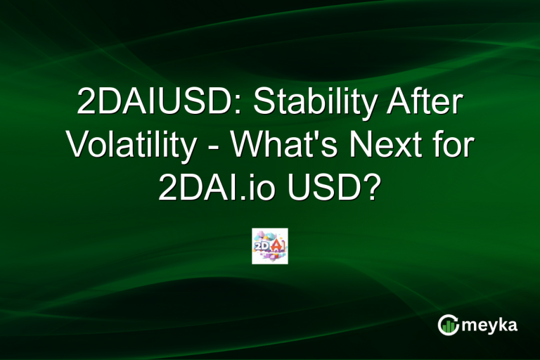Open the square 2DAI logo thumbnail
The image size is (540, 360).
point(270,246)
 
